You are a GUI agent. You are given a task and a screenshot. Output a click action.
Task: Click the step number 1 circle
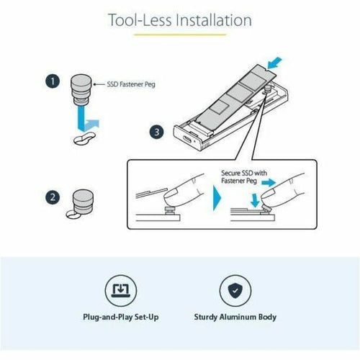click(53, 81)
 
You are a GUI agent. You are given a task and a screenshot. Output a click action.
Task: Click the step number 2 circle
click(53, 197)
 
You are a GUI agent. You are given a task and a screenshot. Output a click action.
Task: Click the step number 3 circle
click(157, 132)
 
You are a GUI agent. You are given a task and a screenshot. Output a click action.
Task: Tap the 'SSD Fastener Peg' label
click(131, 84)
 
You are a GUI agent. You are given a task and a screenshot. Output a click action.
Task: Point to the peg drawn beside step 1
click(81, 89)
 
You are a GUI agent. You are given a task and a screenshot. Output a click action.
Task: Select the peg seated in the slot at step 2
click(83, 202)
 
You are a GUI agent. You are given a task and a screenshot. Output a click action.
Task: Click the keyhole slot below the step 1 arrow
click(84, 139)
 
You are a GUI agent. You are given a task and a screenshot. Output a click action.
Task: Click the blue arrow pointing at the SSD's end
click(275, 63)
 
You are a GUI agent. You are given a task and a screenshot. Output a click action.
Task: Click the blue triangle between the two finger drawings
click(217, 198)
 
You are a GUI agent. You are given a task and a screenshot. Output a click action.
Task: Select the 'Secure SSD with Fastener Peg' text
click(244, 176)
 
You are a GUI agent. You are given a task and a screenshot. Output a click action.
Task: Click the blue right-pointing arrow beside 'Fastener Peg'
click(269, 183)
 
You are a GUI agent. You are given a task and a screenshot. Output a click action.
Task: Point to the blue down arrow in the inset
click(255, 201)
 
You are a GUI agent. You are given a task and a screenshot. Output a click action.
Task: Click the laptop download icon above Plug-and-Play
click(121, 291)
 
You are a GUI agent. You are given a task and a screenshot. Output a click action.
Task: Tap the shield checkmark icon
click(235, 291)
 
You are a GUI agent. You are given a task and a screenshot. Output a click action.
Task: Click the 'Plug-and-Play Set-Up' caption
click(121, 318)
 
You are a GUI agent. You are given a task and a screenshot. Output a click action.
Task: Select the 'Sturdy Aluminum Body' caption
click(235, 317)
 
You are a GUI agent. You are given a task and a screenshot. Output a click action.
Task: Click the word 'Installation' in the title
click(214, 20)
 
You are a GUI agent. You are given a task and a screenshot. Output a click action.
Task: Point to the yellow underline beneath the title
click(180, 35)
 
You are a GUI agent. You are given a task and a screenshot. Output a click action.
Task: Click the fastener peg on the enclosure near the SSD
click(268, 90)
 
